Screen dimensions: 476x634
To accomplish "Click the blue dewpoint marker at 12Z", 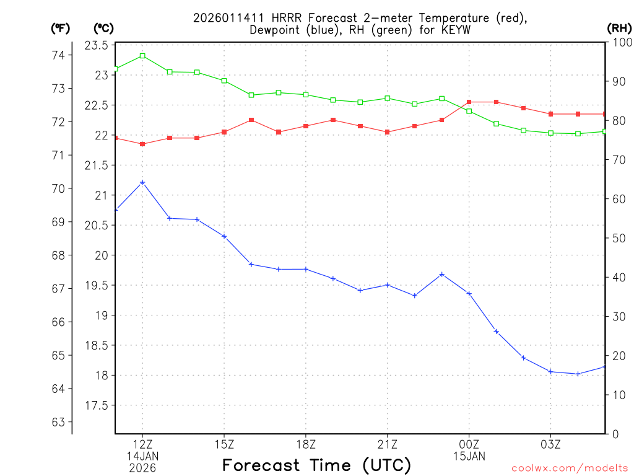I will point(142,182).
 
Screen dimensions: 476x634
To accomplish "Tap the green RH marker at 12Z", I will point(142,56).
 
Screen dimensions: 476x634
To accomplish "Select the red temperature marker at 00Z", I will point(469,102).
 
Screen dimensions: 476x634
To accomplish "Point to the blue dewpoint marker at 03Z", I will point(551,371).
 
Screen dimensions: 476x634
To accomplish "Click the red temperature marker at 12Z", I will point(142,144).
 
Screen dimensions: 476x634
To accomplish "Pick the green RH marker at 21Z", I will point(388,98).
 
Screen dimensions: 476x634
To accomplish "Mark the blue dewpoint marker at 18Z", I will point(306,269).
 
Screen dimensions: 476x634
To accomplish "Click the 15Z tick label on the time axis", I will point(224,444).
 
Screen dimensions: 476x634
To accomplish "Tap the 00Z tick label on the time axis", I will point(469,444).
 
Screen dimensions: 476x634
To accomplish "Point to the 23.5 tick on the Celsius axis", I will point(97,45).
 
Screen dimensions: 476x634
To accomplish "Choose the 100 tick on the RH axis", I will point(619,42).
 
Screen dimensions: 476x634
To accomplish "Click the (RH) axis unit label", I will point(619,28).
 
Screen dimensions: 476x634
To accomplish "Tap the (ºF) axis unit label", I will point(61,28).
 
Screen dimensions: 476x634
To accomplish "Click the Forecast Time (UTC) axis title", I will point(316,465).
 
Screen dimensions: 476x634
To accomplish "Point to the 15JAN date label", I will point(469,456).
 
